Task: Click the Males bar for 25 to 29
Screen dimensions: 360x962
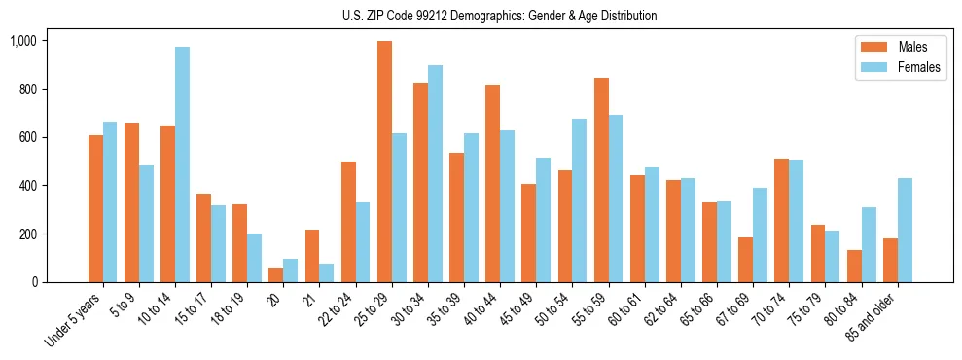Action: coord(384,162)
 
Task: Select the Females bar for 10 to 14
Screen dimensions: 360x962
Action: coord(182,164)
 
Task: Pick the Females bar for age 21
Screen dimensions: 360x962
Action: coord(327,272)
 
